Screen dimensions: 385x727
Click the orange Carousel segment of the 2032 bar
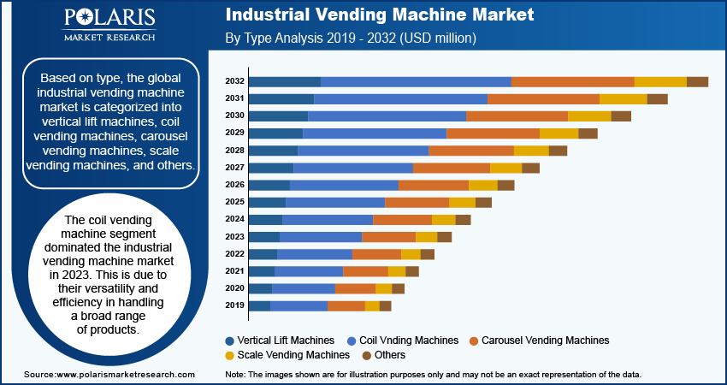pos(572,81)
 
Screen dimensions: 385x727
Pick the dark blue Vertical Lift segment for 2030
pos(278,115)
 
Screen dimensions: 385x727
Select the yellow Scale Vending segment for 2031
pos(623,98)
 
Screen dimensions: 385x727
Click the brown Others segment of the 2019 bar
pos(385,305)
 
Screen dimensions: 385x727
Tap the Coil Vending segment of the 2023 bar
pos(321,236)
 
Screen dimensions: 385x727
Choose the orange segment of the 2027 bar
pos(451,168)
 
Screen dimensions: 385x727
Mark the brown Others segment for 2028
pos(558,151)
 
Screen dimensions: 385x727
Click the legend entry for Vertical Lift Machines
pos(285,340)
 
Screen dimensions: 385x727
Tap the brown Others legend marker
pos(366,355)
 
